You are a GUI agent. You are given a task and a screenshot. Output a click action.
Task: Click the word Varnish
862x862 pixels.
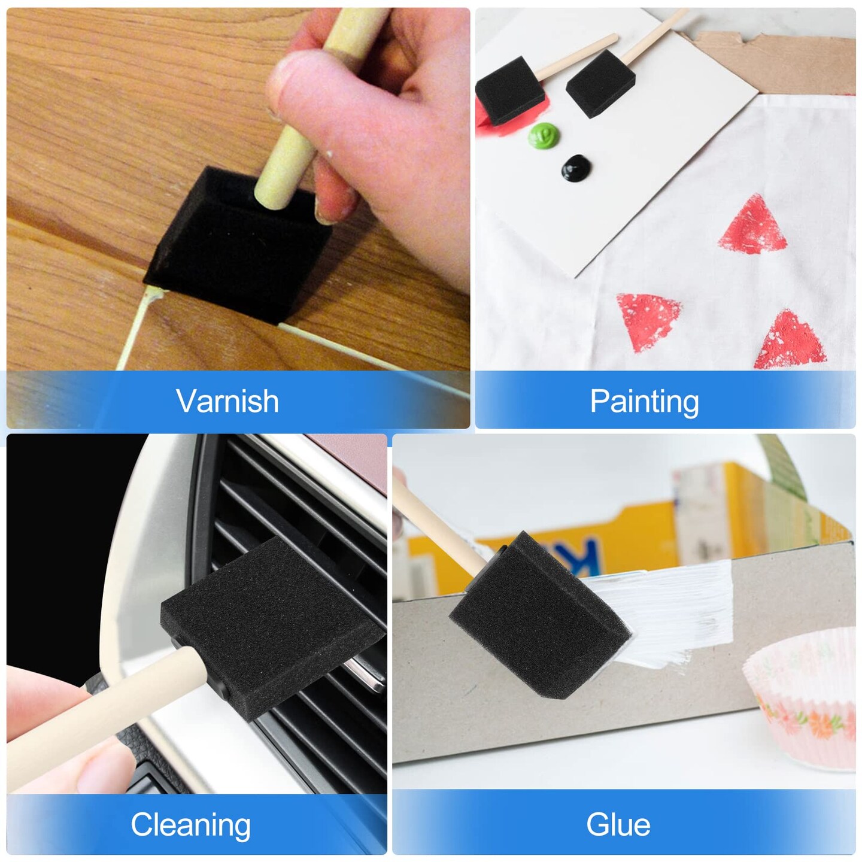tap(227, 401)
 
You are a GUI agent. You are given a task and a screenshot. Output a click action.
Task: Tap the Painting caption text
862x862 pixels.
tap(644, 401)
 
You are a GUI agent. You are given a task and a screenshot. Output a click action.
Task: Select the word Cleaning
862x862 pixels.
tap(190, 824)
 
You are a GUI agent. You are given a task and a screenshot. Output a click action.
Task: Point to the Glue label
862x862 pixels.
tap(618, 824)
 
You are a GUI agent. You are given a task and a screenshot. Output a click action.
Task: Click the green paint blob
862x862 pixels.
tap(543, 135)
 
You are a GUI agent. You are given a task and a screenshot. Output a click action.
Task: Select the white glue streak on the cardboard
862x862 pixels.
tap(670, 611)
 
